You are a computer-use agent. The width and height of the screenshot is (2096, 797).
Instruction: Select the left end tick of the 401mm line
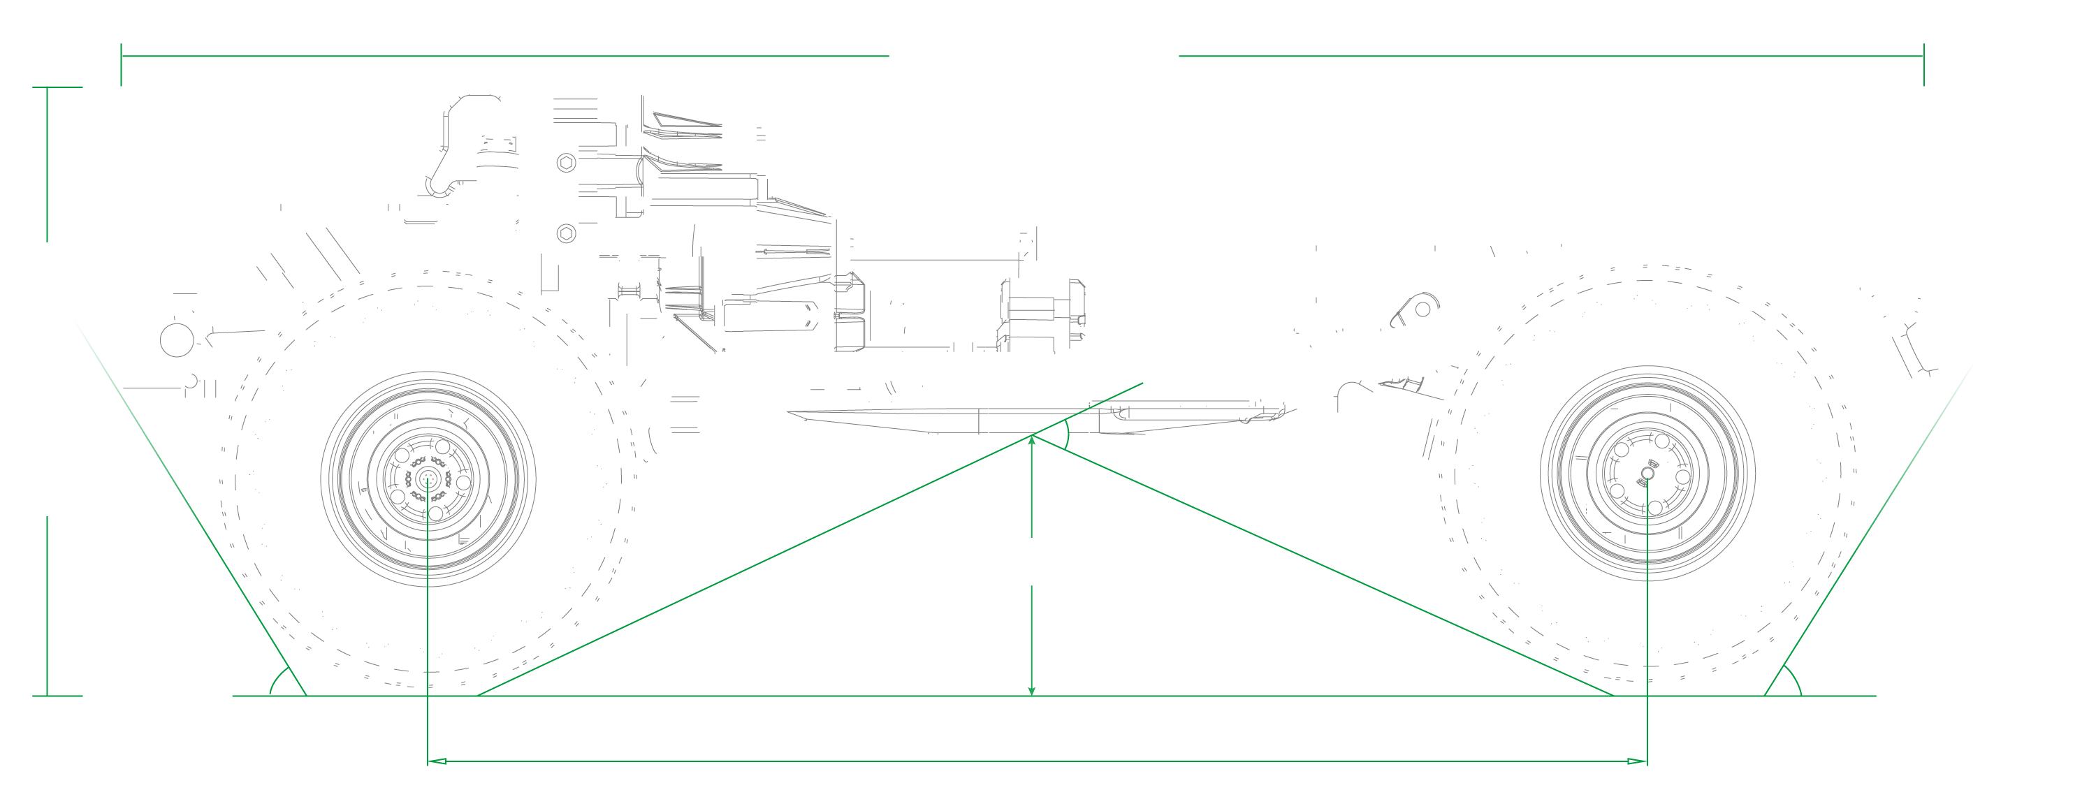(122, 64)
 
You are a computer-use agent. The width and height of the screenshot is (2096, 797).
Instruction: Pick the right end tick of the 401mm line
(1923, 64)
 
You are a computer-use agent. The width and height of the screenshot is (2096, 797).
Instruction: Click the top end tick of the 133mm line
(57, 87)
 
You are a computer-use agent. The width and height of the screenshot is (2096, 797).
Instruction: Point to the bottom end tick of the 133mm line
(57, 696)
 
